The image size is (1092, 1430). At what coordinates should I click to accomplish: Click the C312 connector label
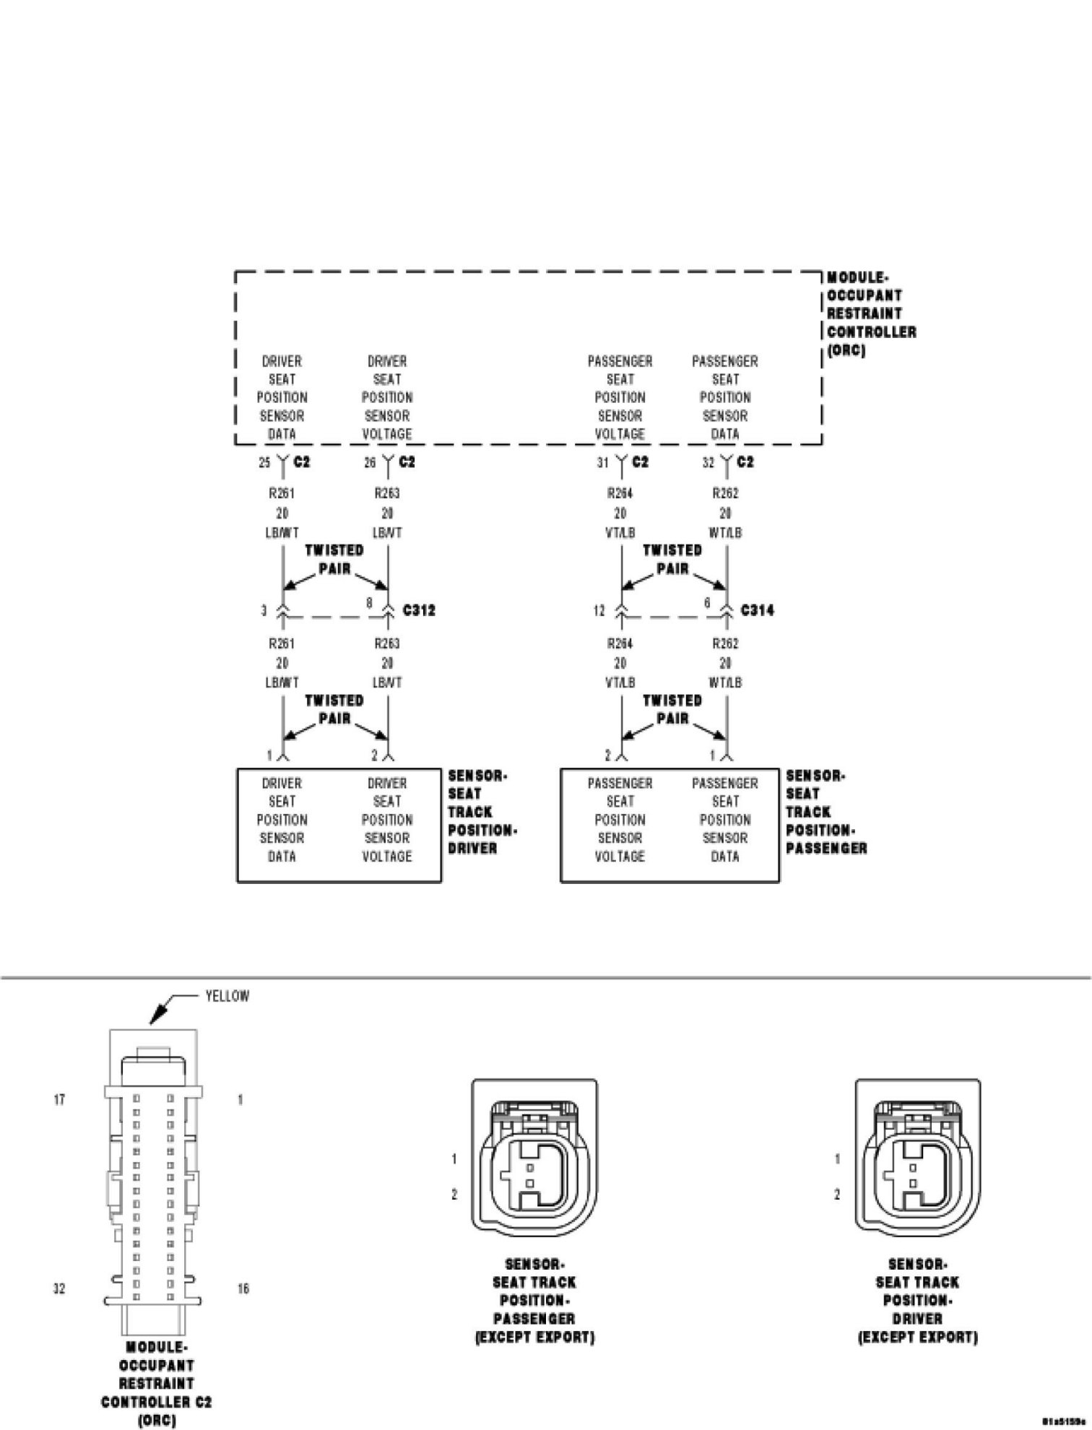click(x=419, y=610)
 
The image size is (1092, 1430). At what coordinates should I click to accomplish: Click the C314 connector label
click(x=757, y=610)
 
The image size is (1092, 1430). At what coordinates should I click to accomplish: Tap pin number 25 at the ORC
click(x=264, y=463)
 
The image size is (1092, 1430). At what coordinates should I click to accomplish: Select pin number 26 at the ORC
click(x=370, y=463)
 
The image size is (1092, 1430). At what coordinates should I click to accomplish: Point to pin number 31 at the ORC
click(x=602, y=463)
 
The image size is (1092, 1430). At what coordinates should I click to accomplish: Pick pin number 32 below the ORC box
click(x=708, y=463)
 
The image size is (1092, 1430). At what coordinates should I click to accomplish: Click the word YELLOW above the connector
click(x=227, y=996)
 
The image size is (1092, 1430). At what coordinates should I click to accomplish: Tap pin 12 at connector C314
click(x=599, y=611)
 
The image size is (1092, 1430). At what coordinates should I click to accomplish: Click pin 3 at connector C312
click(x=264, y=611)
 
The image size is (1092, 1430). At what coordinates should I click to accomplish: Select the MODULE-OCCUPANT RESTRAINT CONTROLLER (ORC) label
click(x=871, y=314)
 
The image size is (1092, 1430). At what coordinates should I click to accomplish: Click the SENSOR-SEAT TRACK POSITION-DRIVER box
click(x=339, y=825)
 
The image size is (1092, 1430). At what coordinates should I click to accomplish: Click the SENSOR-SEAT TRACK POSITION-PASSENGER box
click(x=669, y=825)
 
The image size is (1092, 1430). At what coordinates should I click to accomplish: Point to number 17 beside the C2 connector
click(x=60, y=1099)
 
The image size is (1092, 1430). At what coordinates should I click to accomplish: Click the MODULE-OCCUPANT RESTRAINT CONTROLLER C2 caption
click(x=156, y=1383)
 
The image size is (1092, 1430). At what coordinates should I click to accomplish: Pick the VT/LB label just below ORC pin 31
click(x=620, y=533)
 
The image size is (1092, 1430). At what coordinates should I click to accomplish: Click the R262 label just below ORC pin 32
click(x=725, y=494)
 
